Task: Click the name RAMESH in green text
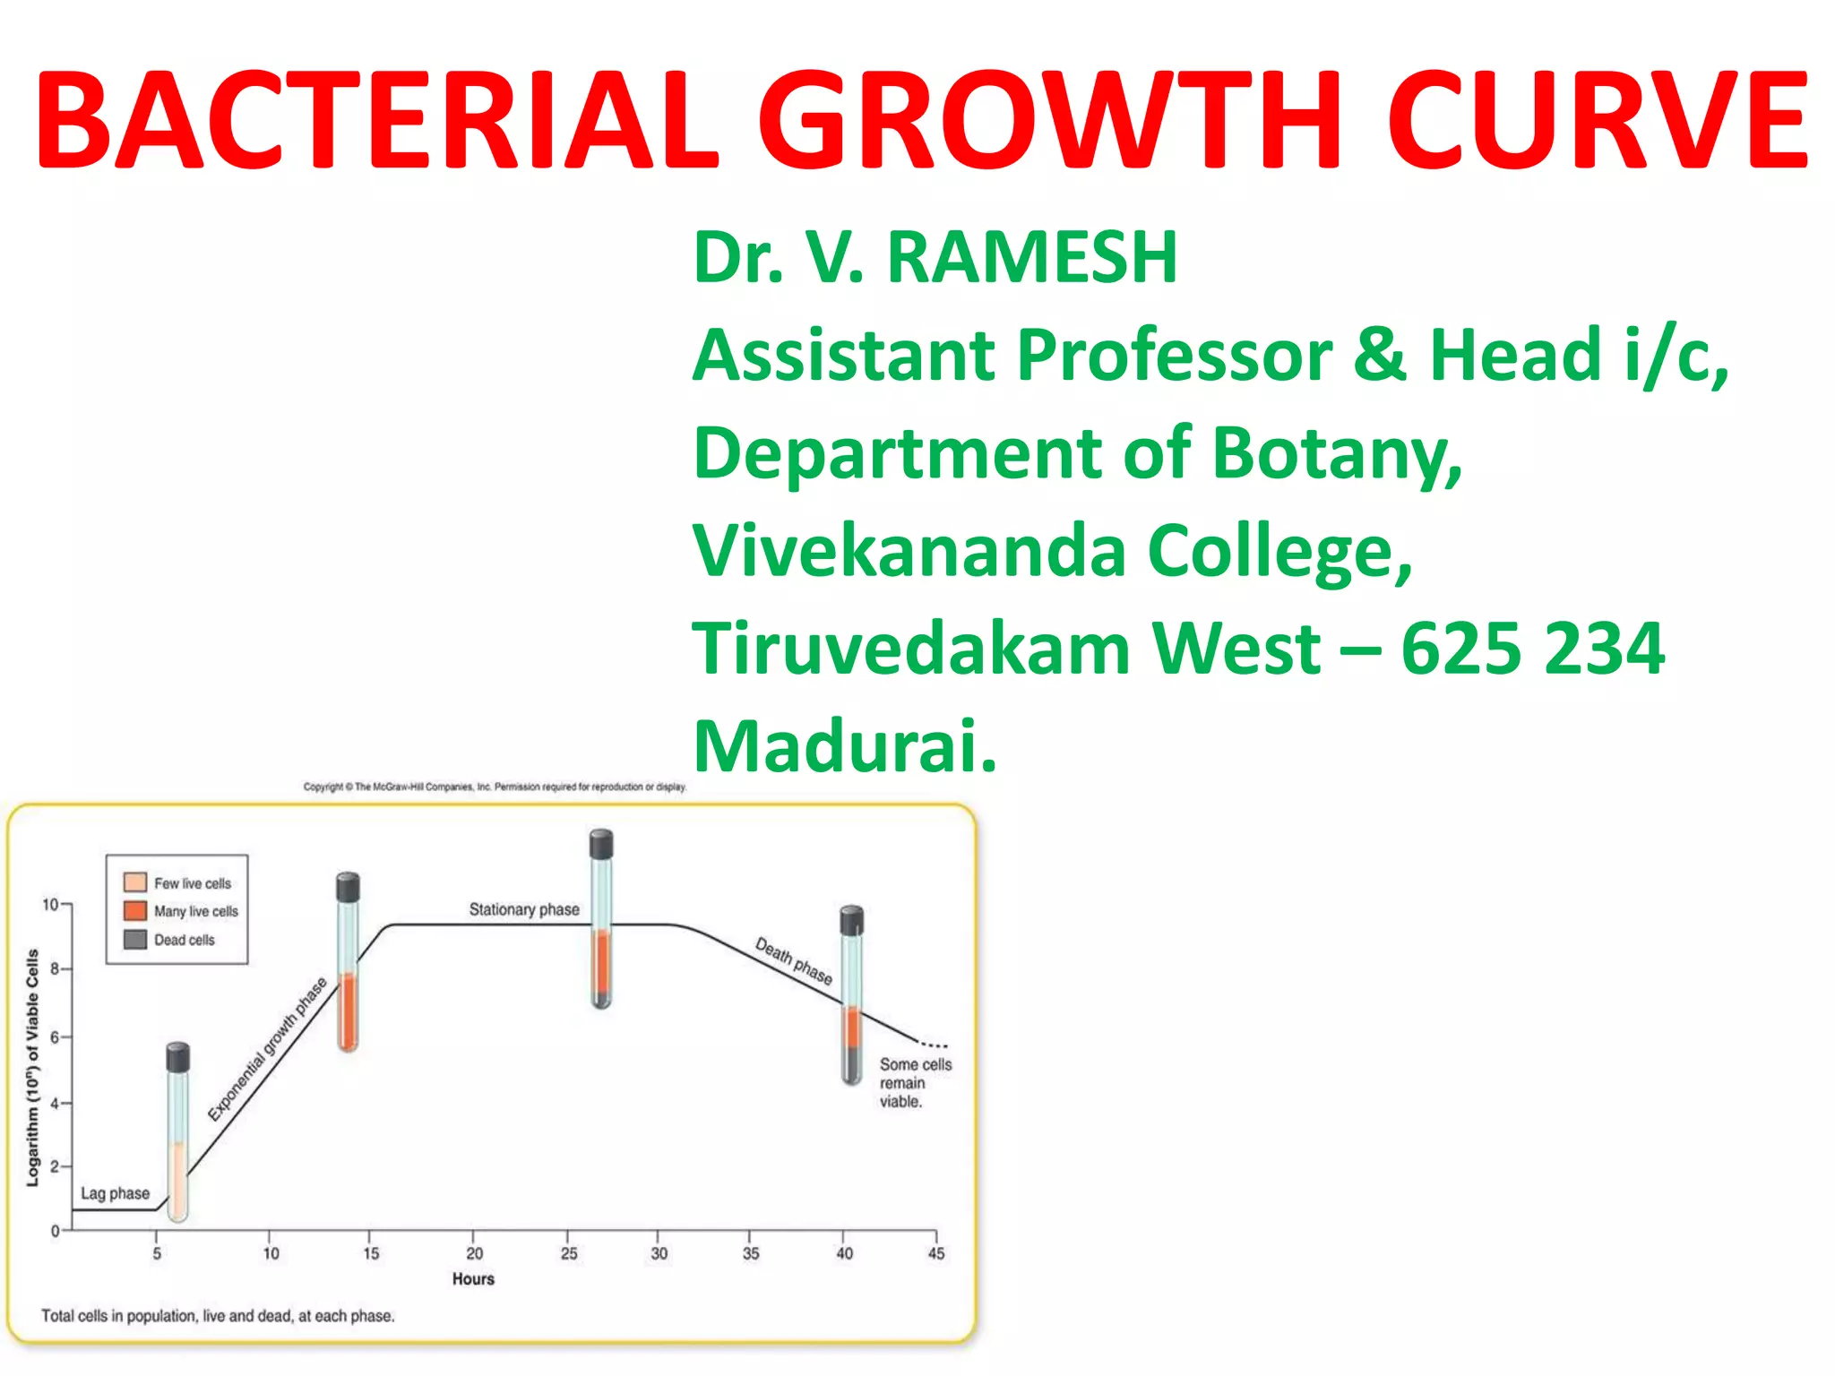pos(1031,258)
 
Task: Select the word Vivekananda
pos(909,551)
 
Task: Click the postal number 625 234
pos(1532,649)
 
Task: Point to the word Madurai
pos(844,746)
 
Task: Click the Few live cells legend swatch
pos(135,882)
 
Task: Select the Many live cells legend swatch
pos(135,911)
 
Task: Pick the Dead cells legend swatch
pos(135,940)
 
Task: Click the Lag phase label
pos(115,1193)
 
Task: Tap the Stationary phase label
pos(524,909)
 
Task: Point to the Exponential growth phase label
pos(267,1049)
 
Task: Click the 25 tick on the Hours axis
pos(569,1253)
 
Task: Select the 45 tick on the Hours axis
pos(936,1253)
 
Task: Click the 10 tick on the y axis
pos(50,905)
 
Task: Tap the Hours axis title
pos(473,1279)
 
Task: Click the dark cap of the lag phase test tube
pos(178,1058)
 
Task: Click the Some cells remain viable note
pos(914,1083)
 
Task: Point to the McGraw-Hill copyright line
pos(495,787)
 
